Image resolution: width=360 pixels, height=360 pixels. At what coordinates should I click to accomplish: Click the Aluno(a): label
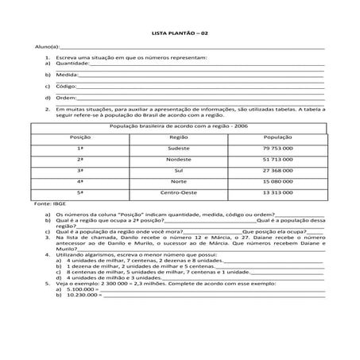point(38,48)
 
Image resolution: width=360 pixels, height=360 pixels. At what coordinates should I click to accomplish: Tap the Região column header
point(179,137)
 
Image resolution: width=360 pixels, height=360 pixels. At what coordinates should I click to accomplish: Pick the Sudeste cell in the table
point(179,149)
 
